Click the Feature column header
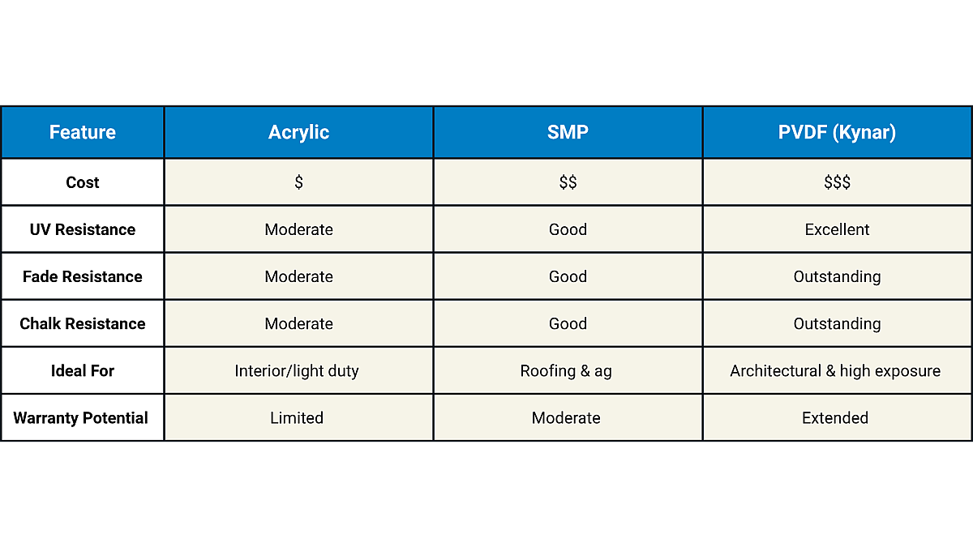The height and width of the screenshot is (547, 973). [83, 132]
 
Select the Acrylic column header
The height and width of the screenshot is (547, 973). [298, 132]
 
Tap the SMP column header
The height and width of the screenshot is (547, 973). [568, 132]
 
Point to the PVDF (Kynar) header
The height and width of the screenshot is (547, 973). [837, 132]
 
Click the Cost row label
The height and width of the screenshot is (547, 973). [83, 182]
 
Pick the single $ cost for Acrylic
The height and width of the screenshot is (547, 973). [298, 182]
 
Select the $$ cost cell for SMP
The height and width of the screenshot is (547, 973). [568, 182]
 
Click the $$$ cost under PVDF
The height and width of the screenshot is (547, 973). [837, 182]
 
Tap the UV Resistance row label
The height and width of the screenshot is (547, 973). [83, 229]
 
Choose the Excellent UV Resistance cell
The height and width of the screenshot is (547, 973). [837, 229]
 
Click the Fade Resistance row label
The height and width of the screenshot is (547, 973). [83, 276]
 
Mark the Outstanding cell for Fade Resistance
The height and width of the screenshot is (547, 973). [837, 276]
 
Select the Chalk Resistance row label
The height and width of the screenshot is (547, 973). [83, 323]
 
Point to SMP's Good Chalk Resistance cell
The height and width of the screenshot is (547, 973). [568, 323]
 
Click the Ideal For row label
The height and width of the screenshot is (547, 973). [83, 370]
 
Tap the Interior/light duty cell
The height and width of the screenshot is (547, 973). [297, 370]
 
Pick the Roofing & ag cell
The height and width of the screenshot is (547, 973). [566, 370]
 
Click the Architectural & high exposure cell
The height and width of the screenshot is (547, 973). [835, 370]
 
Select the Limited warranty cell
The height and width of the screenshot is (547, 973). [297, 417]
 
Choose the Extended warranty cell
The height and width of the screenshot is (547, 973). [835, 417]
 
